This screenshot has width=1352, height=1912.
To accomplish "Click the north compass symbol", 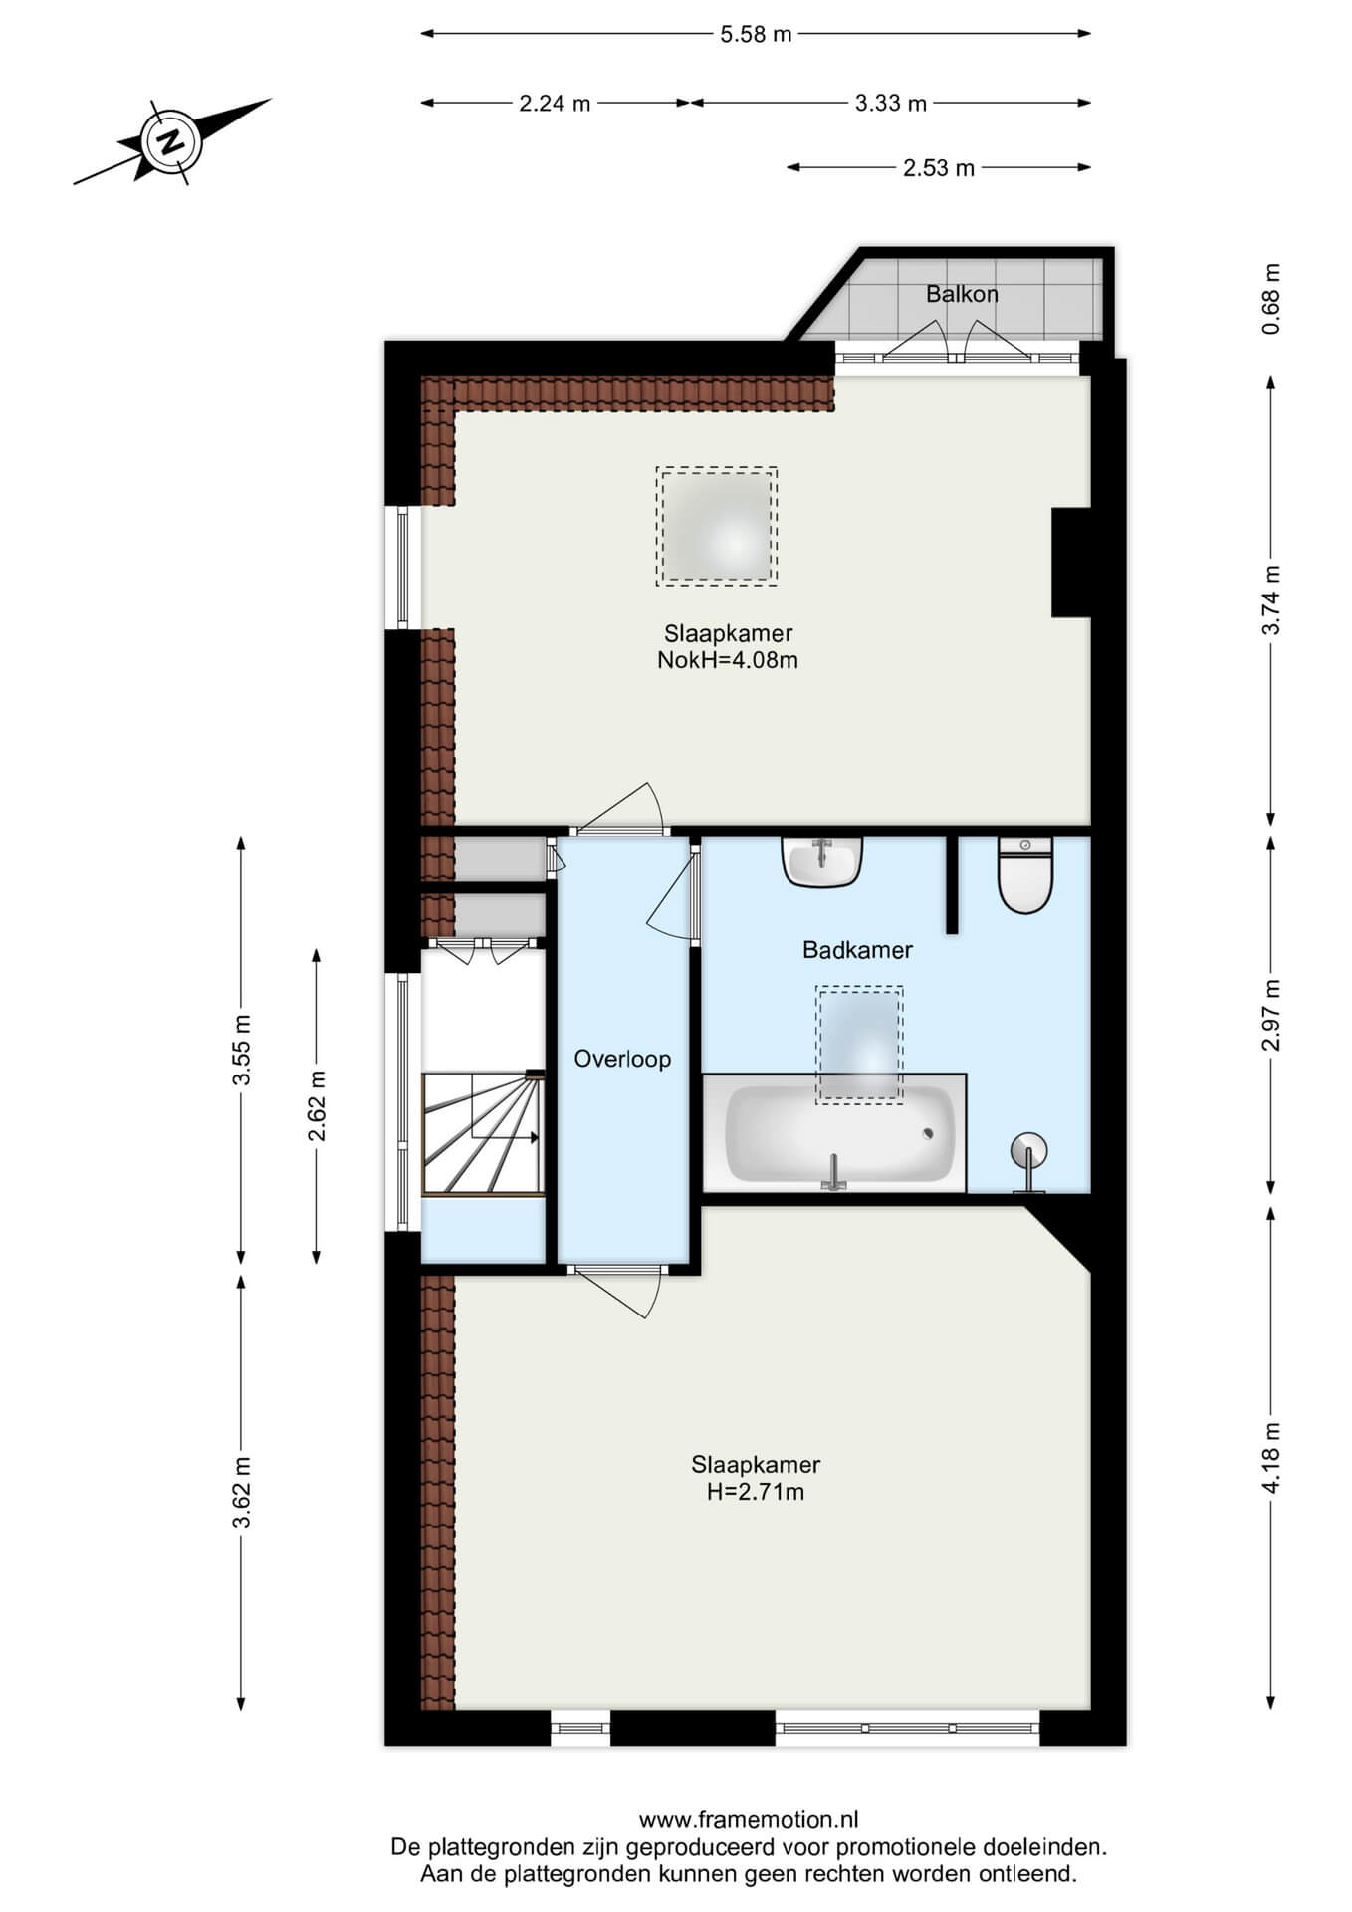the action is [171, 141].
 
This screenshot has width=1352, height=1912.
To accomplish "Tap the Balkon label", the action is [962, 294].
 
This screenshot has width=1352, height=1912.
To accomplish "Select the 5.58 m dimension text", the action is [756, 34].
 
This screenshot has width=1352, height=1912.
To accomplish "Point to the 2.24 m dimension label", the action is [555, 103].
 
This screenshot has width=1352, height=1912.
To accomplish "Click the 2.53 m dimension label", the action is [939, 168].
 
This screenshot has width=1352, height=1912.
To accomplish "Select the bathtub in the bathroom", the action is [834, 1132].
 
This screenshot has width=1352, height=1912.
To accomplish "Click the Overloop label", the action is [622, 1059].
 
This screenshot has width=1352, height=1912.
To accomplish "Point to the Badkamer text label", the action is [857, 950].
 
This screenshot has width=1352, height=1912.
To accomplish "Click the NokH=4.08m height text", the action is [728, 660].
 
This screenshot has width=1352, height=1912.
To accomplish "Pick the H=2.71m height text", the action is [756, 1492].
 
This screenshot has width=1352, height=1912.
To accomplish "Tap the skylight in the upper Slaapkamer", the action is [716, 526].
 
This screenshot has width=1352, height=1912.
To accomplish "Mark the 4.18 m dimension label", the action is [1270, 1458].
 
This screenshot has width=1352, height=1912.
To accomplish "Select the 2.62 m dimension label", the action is [317, 1106].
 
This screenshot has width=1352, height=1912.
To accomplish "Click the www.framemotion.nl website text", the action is [749, 1820].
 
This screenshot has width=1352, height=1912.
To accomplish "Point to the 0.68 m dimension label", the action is [1270, 299].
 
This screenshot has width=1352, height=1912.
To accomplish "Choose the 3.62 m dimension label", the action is [241, 1492].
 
